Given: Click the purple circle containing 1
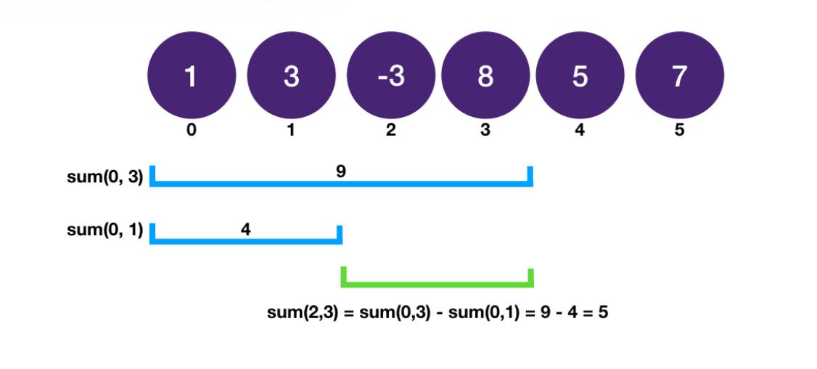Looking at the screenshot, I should pyautogui.click(x=192, y=76).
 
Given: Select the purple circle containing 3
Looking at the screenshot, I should pyautogui.click(x=291, y=76).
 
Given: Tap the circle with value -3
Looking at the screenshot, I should pyautogui.click(x=391, y=76).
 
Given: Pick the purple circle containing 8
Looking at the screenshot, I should pyautogui.click(x=485, y=76).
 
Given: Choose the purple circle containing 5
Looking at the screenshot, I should pyautogui.click(x=580, y=76).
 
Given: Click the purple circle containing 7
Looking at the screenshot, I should pyautogui.click(x=679, y=76).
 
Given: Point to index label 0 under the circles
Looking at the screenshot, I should pyautogui.click(x=192, y=131).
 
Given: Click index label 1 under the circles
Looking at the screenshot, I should pyautogui.click(x=291, y=131).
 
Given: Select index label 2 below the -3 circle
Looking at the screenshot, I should pyautogui.click(x=391, y=131).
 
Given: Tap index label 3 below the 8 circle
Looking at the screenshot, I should pyautogui.click(x=485, y=131).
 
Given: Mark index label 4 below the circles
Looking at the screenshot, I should pyautogui.click(x=580, y=131).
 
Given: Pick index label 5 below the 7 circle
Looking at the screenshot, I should pyautogui.click(x=679, y=131).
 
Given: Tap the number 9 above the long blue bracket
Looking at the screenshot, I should pyautogui.click(x=341, y=172).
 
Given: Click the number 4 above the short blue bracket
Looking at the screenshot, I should pyautogui.click(x=245, y=230).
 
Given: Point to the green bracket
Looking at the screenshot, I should pyautogui.click(x=438, y=283).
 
